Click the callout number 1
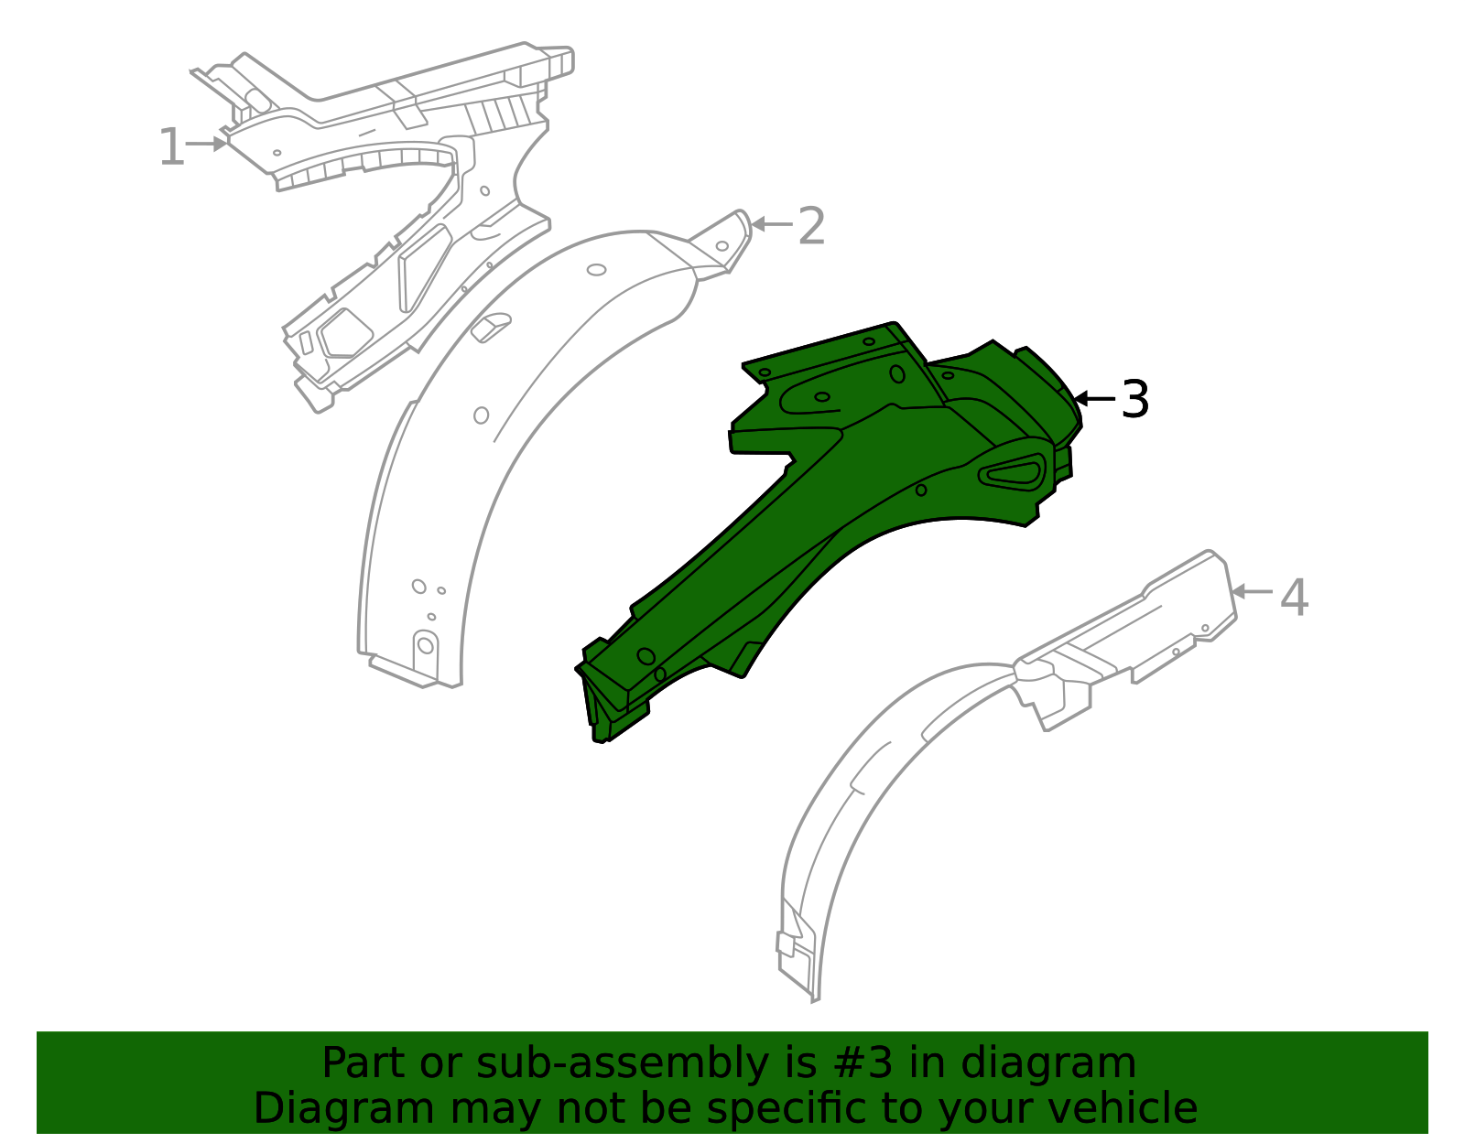172,146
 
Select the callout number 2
811,226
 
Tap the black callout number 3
1134,399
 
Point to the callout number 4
1294,597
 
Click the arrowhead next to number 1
220,144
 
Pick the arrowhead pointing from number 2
758,223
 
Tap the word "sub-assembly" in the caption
622,1063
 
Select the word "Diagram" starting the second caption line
344,1108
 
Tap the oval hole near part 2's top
596,270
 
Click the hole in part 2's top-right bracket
722,246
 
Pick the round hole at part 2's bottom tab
426,646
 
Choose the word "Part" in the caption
364,1063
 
